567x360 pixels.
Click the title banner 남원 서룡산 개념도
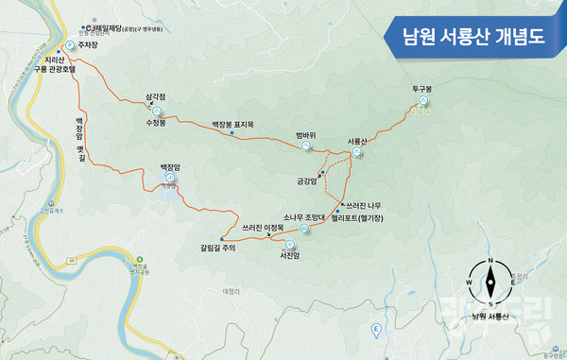coord(475,38)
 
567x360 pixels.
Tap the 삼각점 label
coord(156,96)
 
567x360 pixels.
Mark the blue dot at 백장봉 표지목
coord(232,132)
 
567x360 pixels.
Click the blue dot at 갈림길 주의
coord(222,237)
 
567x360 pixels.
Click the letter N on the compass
coord(490,261)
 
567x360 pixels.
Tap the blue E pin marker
coord(376,329)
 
